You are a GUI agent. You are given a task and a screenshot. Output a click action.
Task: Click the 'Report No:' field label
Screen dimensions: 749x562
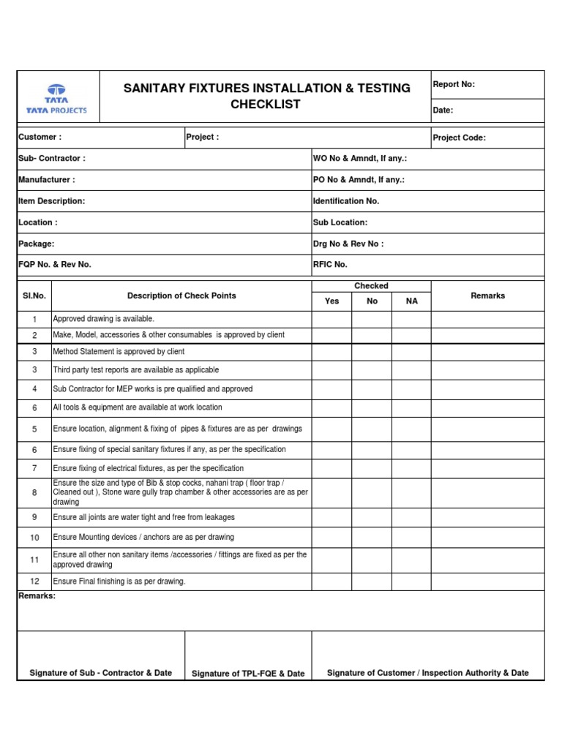454,85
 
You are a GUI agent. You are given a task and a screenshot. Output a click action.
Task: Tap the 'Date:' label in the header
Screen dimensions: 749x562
443,110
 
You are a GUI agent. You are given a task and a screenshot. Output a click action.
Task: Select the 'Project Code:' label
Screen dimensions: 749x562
460,138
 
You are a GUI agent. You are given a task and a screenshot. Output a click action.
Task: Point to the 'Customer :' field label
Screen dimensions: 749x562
40,138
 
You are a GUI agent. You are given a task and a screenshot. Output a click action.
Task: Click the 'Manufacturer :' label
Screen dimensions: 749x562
47,180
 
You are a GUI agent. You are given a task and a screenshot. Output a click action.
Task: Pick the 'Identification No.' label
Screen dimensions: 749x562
346,201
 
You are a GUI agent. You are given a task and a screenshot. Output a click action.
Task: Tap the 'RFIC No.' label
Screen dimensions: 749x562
330,265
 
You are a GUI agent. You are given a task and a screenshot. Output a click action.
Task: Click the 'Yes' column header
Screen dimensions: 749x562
332,301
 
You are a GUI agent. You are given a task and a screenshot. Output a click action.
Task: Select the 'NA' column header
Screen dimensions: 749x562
412,301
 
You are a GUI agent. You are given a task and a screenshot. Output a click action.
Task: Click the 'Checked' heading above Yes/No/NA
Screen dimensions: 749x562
372,286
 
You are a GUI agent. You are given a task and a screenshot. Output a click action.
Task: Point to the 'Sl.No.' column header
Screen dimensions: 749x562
34,296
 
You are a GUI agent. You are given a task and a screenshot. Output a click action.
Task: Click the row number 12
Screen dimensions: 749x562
34,581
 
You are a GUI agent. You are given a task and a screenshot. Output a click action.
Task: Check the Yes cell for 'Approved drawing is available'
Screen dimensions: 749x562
332,319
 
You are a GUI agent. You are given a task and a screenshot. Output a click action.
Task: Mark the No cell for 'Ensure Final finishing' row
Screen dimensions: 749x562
372,581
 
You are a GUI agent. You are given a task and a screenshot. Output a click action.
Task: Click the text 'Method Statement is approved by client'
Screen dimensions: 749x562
119,352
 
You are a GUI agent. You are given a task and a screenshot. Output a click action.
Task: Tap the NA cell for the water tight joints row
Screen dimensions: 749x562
412,517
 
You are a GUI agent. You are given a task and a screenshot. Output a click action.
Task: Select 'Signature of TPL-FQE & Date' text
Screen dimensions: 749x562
248,674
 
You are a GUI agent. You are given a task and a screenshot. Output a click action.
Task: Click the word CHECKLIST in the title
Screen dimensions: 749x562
266,104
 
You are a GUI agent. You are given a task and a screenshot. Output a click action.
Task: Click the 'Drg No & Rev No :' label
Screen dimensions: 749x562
348,244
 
